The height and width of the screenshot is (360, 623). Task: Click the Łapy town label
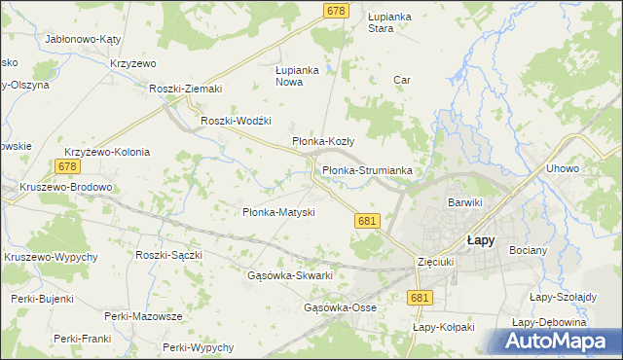point(480,239)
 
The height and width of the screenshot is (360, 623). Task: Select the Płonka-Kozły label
point(323,141)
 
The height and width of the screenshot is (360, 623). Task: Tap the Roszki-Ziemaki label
point(186,89)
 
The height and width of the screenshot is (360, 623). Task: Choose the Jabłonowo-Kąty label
point(83,40)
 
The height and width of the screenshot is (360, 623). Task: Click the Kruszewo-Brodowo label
point(66,188)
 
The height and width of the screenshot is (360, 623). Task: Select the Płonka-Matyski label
point(277,212)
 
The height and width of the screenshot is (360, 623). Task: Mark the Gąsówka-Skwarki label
point(291,275)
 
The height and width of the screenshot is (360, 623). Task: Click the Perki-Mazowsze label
point(144,316)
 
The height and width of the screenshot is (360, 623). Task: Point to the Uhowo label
point(563,168)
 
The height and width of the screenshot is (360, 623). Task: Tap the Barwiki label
point(465,202)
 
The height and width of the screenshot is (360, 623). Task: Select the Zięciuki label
point(435,263)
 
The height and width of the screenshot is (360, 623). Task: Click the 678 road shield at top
point(336,10)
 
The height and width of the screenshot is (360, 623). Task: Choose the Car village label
point(399,80)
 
